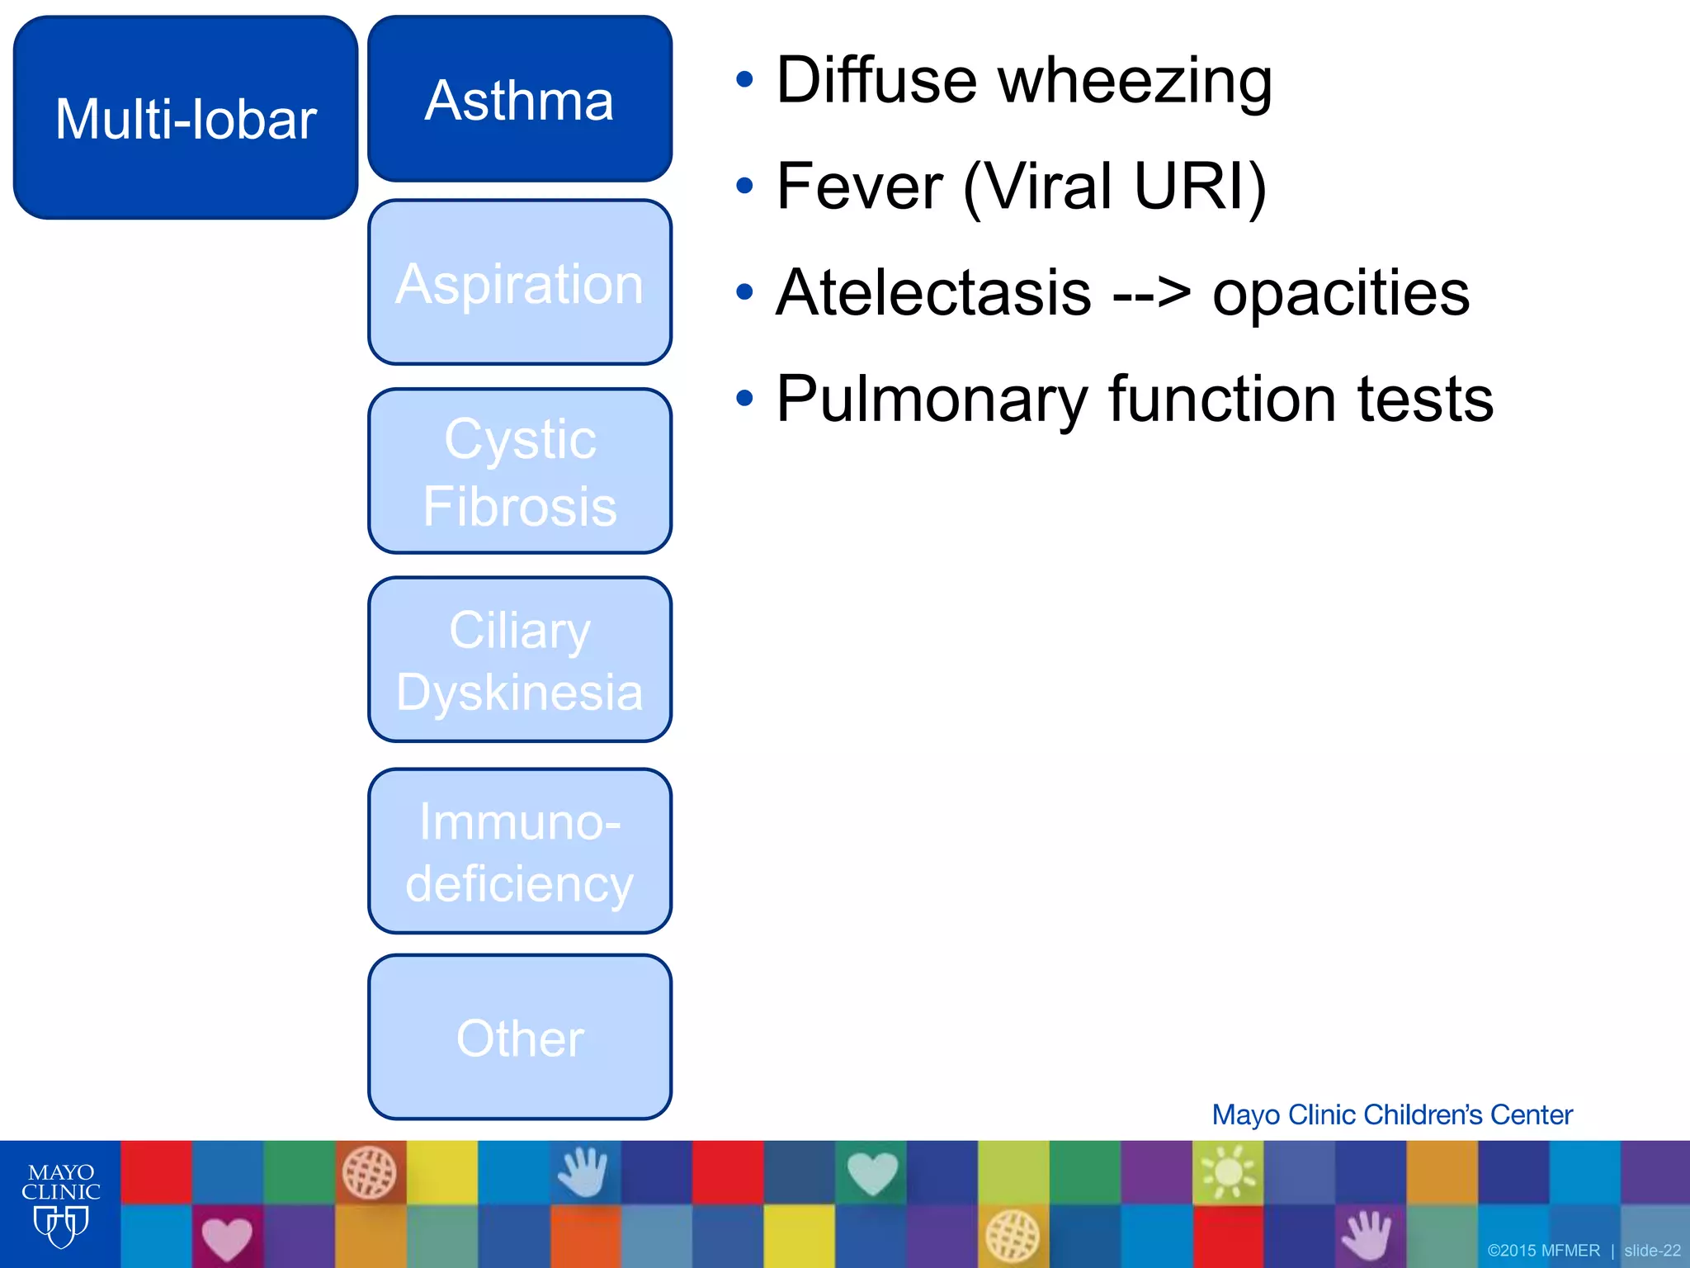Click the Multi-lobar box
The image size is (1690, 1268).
click(x=186, y=118)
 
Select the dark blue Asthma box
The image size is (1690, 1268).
click(x=520, y=100)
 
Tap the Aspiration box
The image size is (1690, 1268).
click(x=520, y=283)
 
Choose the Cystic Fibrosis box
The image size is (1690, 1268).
click(x=520, y=471)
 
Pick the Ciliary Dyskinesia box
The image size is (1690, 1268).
click(x=520, y=660)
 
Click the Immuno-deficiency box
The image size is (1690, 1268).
click(x=520, y=851)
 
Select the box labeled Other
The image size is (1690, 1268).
click(x=520, y=1038)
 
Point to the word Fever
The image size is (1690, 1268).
click(x=859, y=187)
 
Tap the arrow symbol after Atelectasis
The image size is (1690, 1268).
click(x=1152, y=294)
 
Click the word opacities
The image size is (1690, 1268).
click(x=1340, y=294)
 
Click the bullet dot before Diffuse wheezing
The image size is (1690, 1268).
click(x=745, y=80)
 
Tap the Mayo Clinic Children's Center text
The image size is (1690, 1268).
click(x=1391, y=1115)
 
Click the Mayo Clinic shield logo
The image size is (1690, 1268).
click(x=60, y=1227)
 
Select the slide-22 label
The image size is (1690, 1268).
click(x=1652, y=1251)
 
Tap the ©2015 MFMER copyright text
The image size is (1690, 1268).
click(x=1543, y=1251)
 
